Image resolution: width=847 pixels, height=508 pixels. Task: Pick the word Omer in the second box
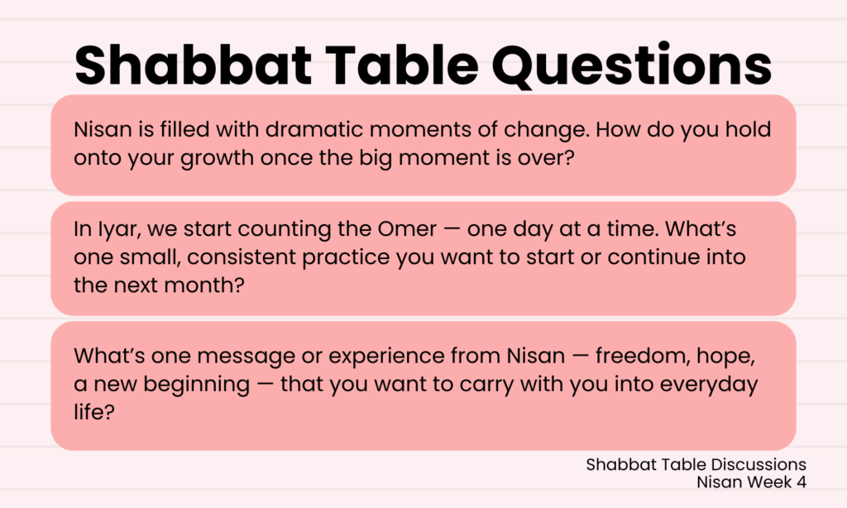pos(407,229)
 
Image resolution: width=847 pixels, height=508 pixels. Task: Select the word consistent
pos(242,257)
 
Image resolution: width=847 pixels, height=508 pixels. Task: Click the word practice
pos(346,258)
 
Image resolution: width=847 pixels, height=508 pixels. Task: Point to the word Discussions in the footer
pos(758,464)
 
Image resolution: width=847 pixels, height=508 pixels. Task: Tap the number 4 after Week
pos(801,482)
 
